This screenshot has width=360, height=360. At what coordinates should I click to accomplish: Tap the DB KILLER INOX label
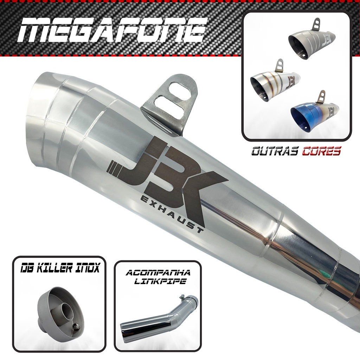point(60,268)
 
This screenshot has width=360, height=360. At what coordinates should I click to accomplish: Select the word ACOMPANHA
point(158,273)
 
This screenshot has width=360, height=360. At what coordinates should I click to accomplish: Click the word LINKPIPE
point(160,281)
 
